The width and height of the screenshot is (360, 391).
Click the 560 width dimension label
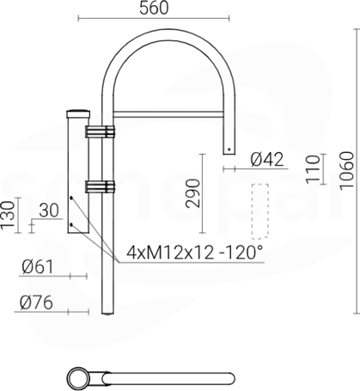[154, 8]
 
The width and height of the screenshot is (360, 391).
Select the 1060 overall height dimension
[347, 170]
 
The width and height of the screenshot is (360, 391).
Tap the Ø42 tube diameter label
[267, 159]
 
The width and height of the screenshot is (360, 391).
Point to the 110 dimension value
[313, 169]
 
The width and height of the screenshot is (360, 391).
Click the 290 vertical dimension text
[192, 193]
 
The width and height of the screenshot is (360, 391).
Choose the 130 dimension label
[8, 215]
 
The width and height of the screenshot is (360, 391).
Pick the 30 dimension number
[49, 211]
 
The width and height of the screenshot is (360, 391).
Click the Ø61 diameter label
[38, 267]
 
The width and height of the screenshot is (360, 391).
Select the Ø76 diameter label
[36, 302]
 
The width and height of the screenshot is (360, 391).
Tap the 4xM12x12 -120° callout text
[194, 253]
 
